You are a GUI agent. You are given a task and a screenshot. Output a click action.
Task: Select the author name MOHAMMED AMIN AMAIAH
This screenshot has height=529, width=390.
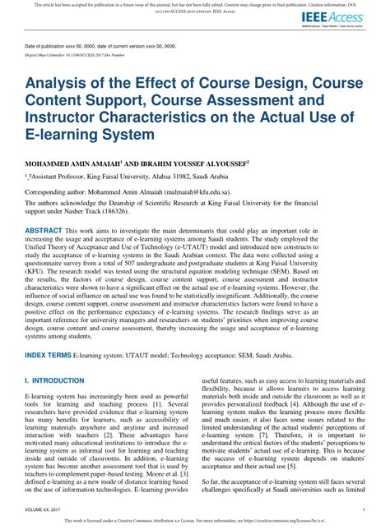[78, 164]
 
